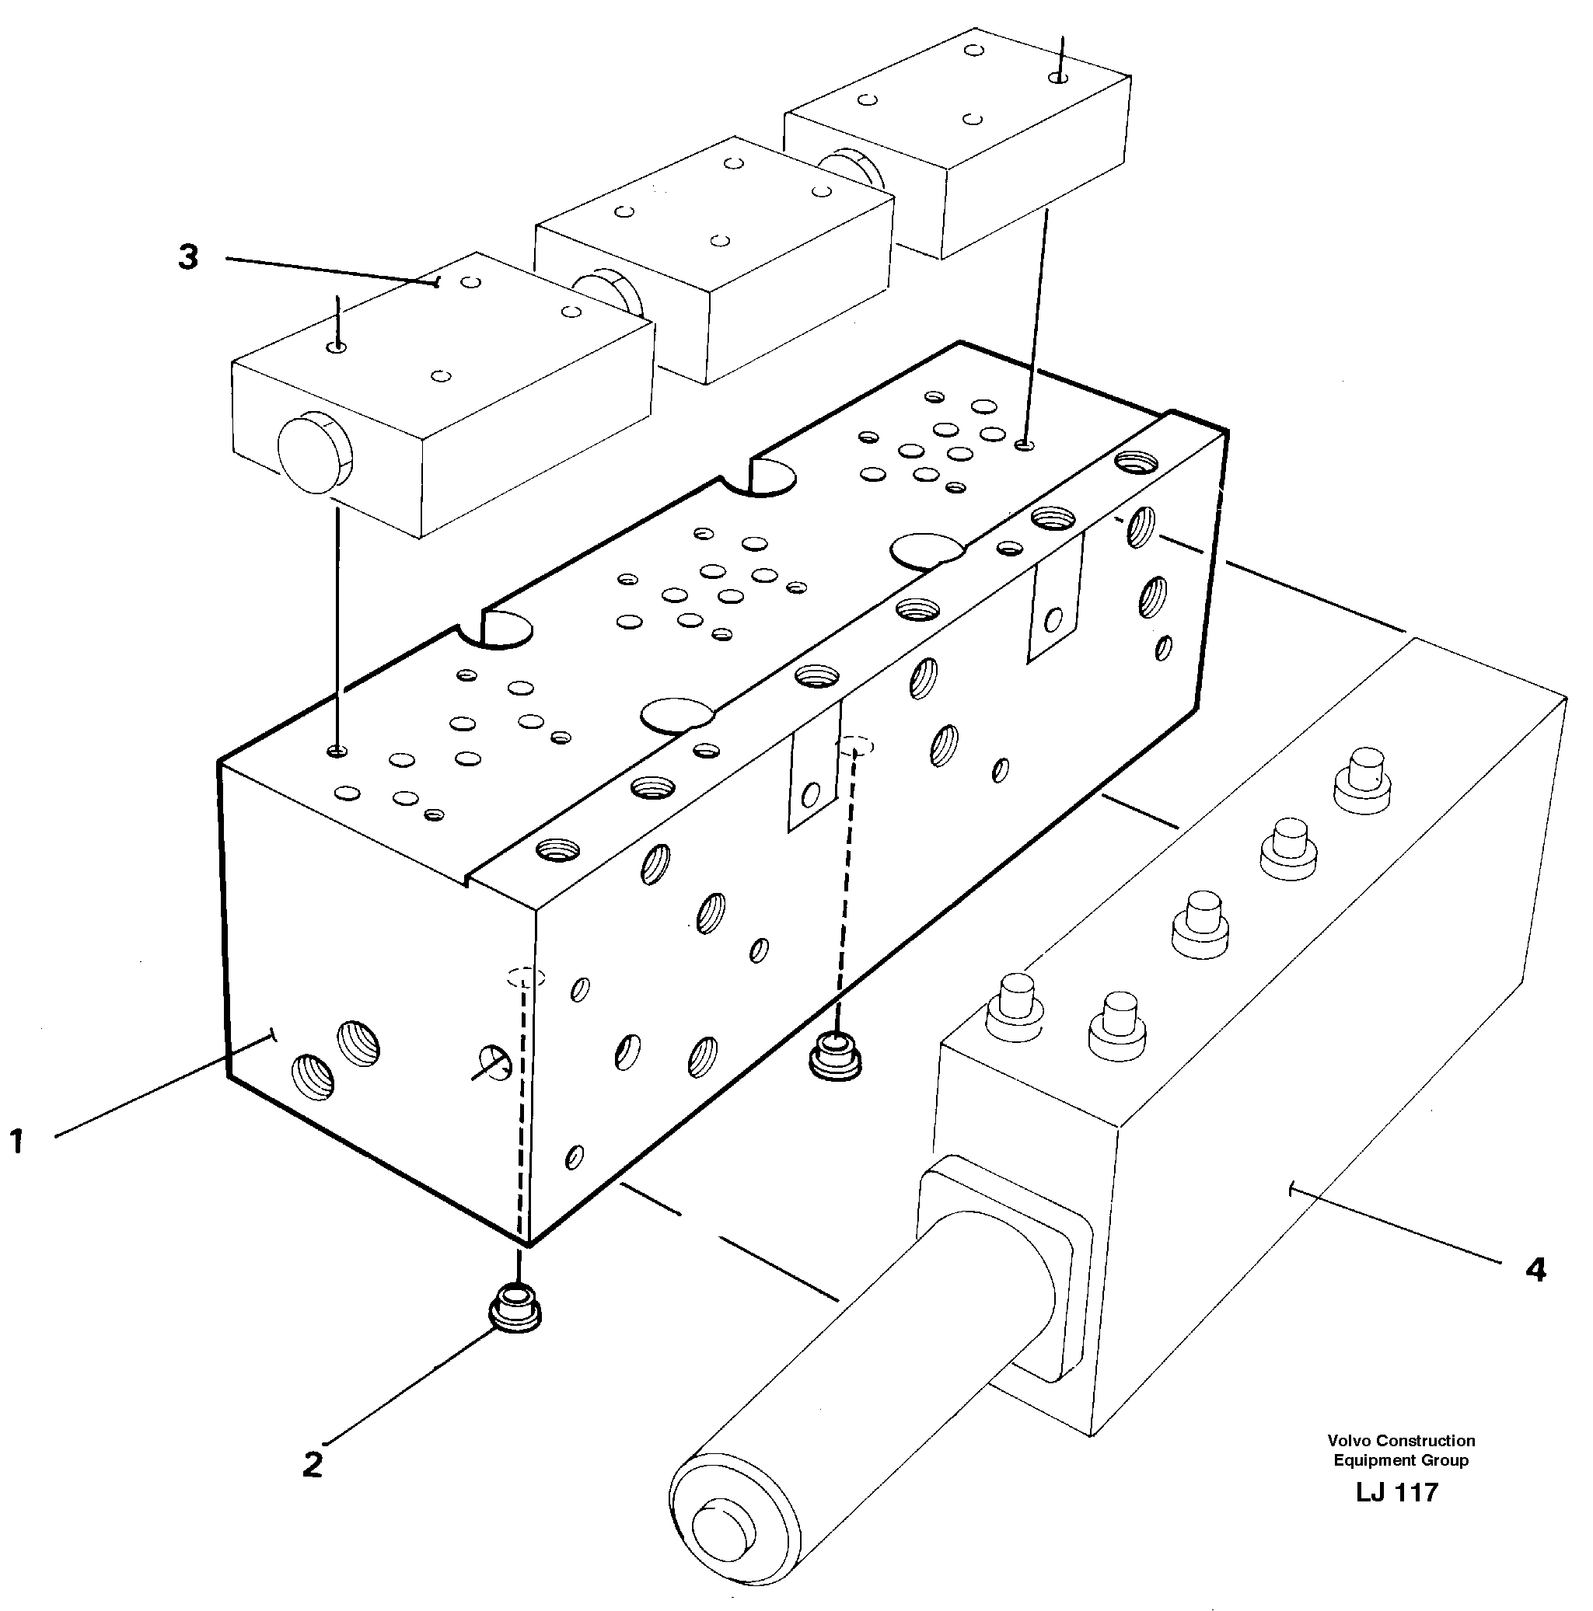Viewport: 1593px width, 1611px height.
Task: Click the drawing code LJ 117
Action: (1397, 1515)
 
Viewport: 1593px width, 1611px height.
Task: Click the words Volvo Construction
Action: (1401, 1463)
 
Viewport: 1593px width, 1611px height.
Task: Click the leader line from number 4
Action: (1401, 1238)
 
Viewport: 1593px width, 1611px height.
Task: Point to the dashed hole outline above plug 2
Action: (526, 978)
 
